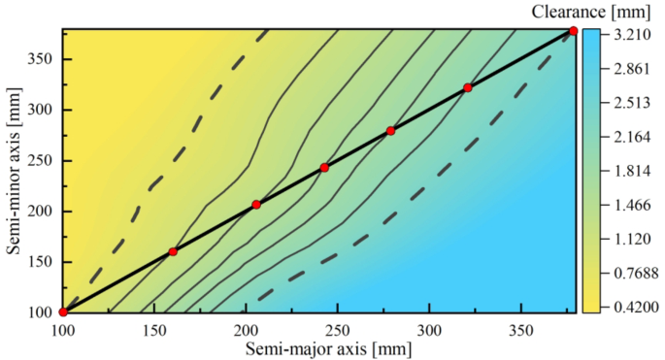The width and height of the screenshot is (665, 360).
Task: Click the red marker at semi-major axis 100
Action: click(x=63, y=312)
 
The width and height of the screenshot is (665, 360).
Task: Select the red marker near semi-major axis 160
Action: click(x=173, y=252)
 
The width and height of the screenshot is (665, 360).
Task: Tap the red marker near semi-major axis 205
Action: click(x=256, y=205)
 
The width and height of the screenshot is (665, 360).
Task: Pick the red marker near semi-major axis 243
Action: click(x=324, y=168)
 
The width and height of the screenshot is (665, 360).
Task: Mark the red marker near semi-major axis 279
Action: click(x=390, y=131)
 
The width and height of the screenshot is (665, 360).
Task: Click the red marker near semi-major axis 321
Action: click(x=467, y=88)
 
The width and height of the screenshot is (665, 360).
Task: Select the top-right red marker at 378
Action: click(x=573, y=31)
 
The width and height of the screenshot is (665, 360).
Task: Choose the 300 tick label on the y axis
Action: click(x=41, y=110)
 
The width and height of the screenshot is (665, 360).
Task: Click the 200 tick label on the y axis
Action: click(x=41, y=212)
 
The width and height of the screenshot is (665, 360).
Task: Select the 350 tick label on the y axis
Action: click(x=41, y=59)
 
